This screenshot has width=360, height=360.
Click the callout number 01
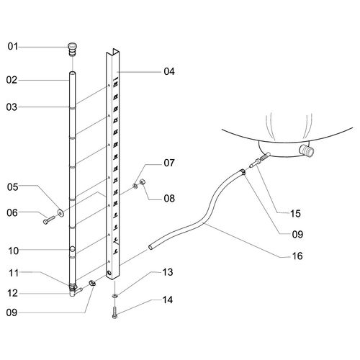(x=13, y=46)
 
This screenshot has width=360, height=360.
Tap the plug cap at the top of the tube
(x=72, y=49)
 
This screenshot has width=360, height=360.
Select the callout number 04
(x=169, y=71)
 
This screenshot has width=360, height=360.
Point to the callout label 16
(x=297, y=256)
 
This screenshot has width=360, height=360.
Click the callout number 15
(x=295, y=213)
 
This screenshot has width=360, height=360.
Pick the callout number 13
(x=168, y=272)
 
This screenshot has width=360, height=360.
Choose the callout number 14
(x=168, y=300)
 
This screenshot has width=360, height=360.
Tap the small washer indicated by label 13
(x=115, y=296)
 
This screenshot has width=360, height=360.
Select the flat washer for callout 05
(x=60, y=212)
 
